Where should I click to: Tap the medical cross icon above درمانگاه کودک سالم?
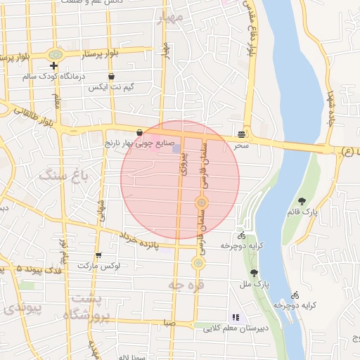53,65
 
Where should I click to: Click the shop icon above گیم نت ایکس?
111,76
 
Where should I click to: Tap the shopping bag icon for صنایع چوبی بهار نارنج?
139,132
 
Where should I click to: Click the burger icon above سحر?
242,134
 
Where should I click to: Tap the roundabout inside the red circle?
201,203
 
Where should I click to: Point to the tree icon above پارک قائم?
302,202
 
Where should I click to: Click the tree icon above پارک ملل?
254,274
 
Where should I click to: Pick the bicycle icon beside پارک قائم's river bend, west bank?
242,236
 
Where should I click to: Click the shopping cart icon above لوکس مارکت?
98,255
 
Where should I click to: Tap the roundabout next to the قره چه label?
198,263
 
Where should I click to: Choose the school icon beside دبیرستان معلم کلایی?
236,317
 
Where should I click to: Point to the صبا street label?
167,323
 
